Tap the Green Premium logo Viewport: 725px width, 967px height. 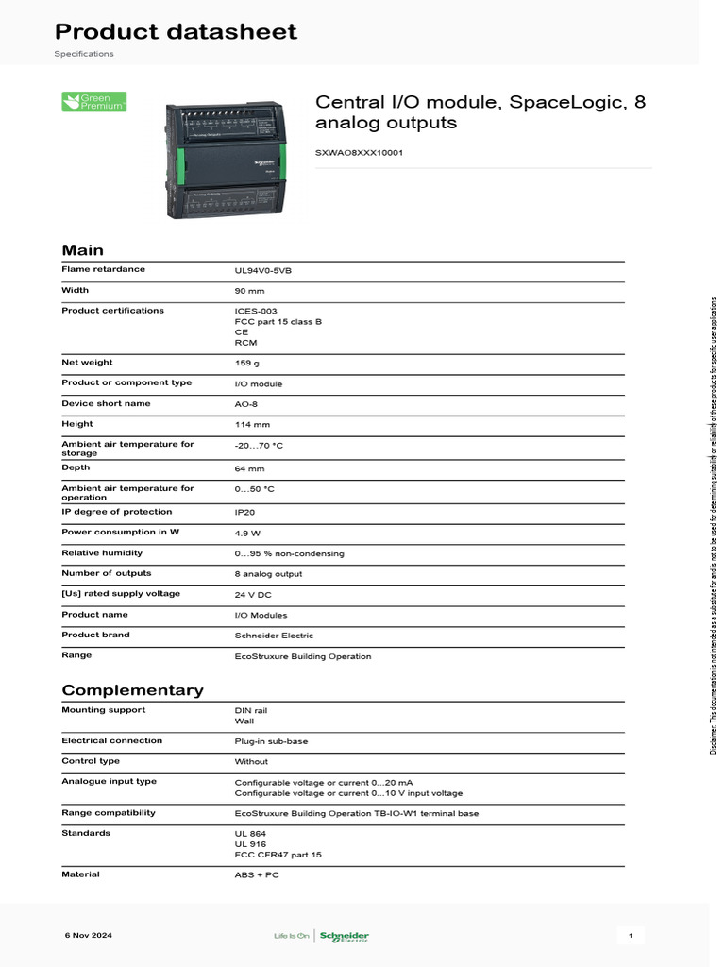pyautogui.click(x=93, y=102)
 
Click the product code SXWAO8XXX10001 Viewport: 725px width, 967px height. pyautogui.click(x=359, y=152)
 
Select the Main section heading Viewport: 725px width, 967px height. pyautogui.click(x=83, y=250)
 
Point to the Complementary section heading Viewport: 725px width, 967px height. pyautogui.click(x=132, y=689)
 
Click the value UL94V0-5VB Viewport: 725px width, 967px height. pyautogui.click(x=263, y=270)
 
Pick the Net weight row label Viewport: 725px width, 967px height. pyautogui.click(x=87, y=362)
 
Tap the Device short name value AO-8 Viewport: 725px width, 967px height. pyautogui.click(x=246, y=404)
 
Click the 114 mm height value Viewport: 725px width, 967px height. pyautogui.click(x=252, y=425)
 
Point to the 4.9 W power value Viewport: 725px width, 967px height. pyautogui.click(x=248, y=533)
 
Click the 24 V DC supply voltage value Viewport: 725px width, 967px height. pyautogui.click(x=253, y=595)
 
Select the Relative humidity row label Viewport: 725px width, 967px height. pyautogui.click(x=102, y=552)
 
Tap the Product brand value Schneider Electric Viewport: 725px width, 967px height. pyautogui.click(x=274, y=636)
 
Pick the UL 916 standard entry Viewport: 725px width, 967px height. pyautogui.click(x=250, y=843)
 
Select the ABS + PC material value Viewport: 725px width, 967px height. pyautogui.click(x=257, y=874)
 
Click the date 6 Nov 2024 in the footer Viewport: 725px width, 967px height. pyautogui.click(x=89, y=935)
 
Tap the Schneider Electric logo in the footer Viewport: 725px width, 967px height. pyautogui.click(x=346, y=936)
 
